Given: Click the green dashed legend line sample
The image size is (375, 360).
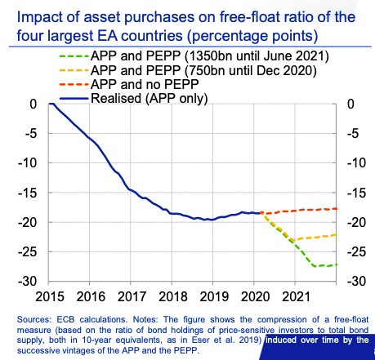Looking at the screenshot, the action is [x=74, y=56].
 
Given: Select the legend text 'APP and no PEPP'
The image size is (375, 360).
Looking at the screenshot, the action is [x=145, y=84].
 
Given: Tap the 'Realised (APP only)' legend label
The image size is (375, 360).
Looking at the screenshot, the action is [x=150, y=98].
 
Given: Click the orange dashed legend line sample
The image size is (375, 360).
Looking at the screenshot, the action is [x=74, y=70].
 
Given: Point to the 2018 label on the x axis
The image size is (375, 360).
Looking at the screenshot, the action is [x=173, y=296].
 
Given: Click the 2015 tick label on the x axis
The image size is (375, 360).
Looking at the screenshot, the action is [x=50, y=296].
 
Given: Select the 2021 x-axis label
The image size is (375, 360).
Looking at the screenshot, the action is [x=297, y=296].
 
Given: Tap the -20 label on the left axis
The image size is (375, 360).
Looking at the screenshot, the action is [x=27, y=222].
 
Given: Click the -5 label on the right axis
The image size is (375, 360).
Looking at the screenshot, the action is [x=353, y=134].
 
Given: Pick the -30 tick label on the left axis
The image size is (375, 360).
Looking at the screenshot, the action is [x=27, y=281].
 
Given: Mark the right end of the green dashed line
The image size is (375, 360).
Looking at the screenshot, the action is [x=337, y=264].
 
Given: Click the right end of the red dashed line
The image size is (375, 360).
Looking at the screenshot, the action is [x=337, y=209].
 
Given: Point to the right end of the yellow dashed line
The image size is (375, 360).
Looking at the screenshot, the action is [x=337, y=234].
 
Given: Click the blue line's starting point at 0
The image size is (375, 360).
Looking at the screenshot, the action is [x=50, y=104].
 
